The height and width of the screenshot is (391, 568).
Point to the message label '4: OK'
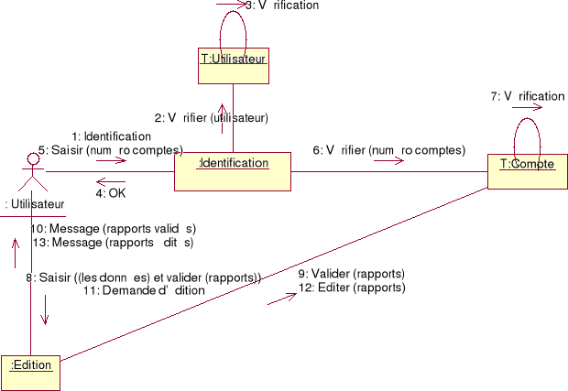point(111,193)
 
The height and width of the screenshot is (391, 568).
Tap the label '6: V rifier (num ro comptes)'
point(389,150)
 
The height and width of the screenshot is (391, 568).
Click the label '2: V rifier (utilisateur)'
point(211,117)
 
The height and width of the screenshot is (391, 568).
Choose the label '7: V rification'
point(528,96)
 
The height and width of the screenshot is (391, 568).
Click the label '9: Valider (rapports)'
point(352,274)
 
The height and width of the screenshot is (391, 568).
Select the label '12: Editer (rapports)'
point(352,288)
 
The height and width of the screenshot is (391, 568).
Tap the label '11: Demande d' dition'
point(144,290)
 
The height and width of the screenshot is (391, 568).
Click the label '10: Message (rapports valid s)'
point(114,228)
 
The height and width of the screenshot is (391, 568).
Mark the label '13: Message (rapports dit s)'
point(112,243)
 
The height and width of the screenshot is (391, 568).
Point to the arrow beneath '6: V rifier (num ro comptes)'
point(388,161)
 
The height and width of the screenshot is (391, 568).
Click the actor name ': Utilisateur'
point(35,203)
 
